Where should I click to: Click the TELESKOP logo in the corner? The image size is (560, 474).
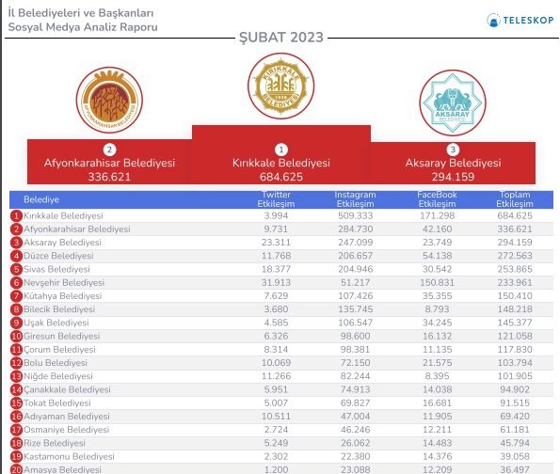(x=517, y=19)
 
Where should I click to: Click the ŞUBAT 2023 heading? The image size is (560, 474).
(x=280, y=38)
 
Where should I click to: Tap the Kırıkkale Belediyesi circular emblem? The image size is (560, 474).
(x=280, y=88)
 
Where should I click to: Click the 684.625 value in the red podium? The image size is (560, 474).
(x=280, y=177)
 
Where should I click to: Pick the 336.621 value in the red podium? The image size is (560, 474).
(x=109, y=176)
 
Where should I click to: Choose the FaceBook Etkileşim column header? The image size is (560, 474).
(x=437, y=199)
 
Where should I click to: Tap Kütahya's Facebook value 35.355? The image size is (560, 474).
(x=437, y=295)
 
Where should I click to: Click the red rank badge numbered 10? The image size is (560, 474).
(x=16, y=336)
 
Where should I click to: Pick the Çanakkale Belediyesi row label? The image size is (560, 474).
(x=67, y=389)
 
